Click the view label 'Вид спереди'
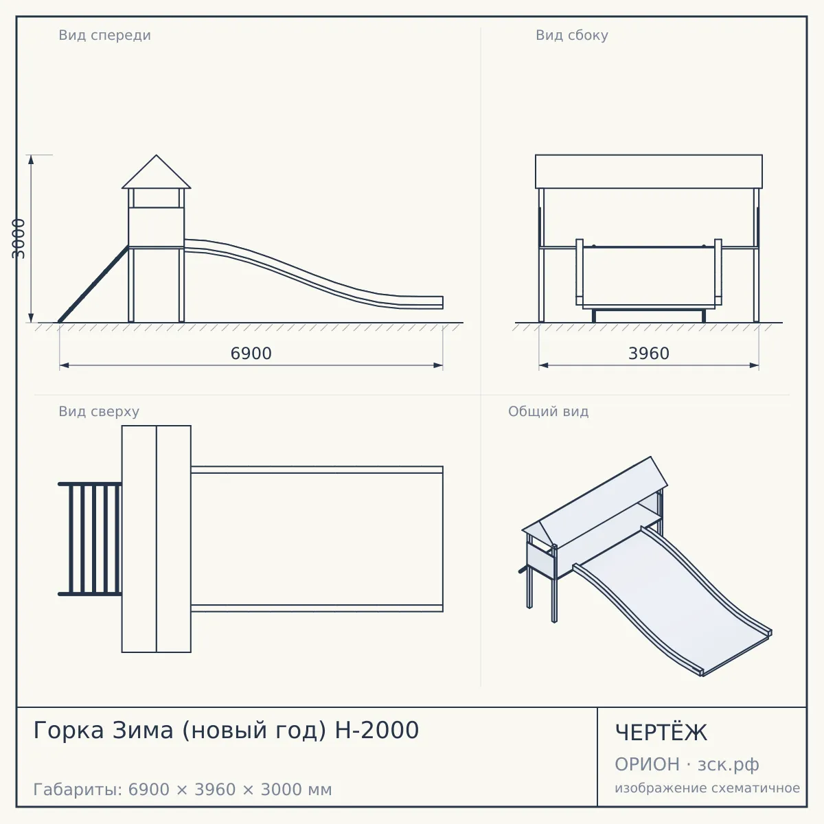point(105,35)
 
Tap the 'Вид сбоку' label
point(572,35)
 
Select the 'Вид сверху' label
point(99,411)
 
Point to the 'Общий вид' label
point(548,411)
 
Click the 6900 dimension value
point(251,353)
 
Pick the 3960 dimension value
point(649,353)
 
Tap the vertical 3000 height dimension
point(18,238)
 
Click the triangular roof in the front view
point(156,172)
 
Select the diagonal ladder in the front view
point(93,284)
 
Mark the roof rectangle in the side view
point(649,172)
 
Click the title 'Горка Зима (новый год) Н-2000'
point(226,730)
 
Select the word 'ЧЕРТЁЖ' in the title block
point(661,732)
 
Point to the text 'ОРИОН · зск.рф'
point(687,764)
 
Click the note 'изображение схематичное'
point(707,788)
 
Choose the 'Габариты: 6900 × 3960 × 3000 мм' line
point(183,790)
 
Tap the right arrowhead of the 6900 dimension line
point(438,365)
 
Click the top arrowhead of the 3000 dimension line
point(31,159)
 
